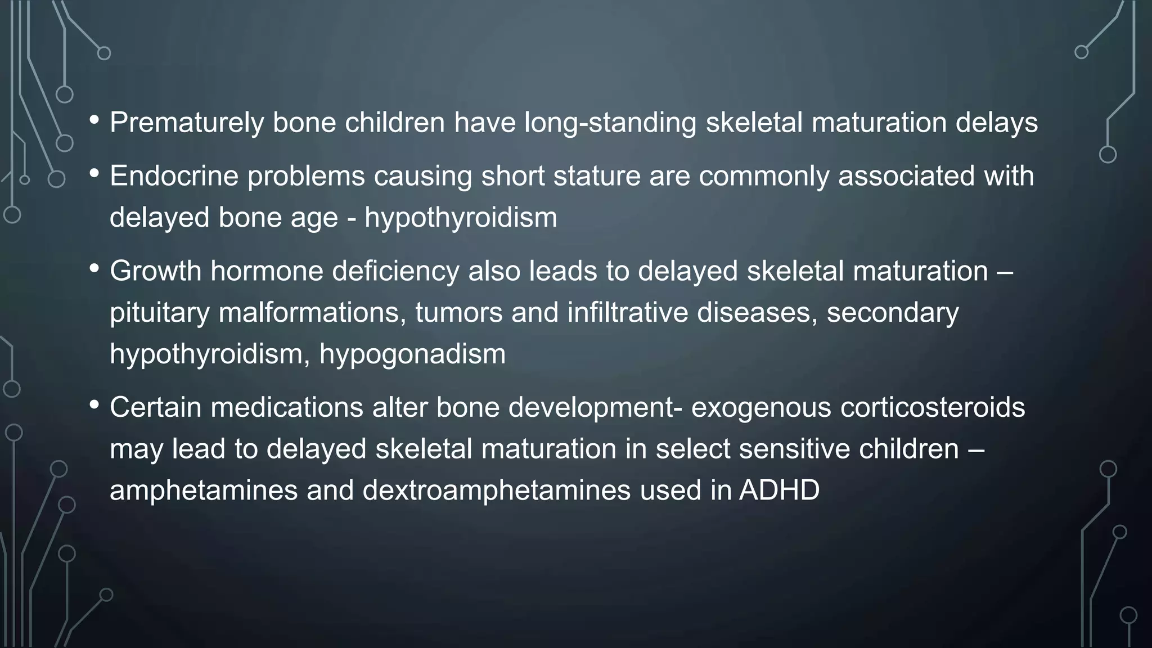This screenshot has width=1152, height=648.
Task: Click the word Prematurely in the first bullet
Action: [x=186, y=123]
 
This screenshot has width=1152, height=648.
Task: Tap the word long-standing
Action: [x=610, y=123]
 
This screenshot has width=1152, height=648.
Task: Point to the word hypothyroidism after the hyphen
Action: [x=460, y=218]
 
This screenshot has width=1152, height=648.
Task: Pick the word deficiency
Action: [x=395, y=271]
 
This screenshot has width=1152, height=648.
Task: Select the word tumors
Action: [x=458, y=313]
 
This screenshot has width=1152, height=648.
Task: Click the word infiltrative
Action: [x=627, y=313]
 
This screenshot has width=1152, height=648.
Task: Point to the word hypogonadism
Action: [x=412, y=354]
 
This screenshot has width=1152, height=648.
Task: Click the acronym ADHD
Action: [x=778, y=490]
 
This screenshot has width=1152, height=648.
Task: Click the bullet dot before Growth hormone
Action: [x=94, y=269]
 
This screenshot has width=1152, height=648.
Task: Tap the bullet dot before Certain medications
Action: [x=94, y=405]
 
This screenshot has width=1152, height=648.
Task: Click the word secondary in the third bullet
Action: [x=892, y=313]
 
